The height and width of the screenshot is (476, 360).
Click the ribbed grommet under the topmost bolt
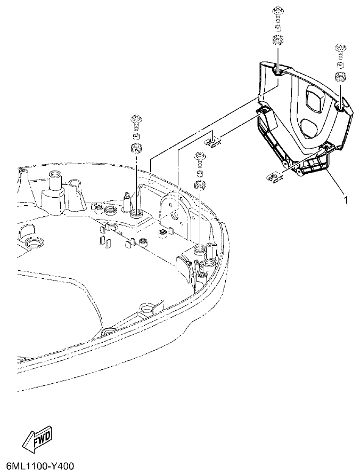point(277,40)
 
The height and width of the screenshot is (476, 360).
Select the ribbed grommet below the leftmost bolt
point(136,148)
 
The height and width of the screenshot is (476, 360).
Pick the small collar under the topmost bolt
point(277,28)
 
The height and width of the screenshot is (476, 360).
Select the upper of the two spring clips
point(211,141)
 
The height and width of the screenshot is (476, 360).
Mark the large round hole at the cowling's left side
point(34,244)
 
